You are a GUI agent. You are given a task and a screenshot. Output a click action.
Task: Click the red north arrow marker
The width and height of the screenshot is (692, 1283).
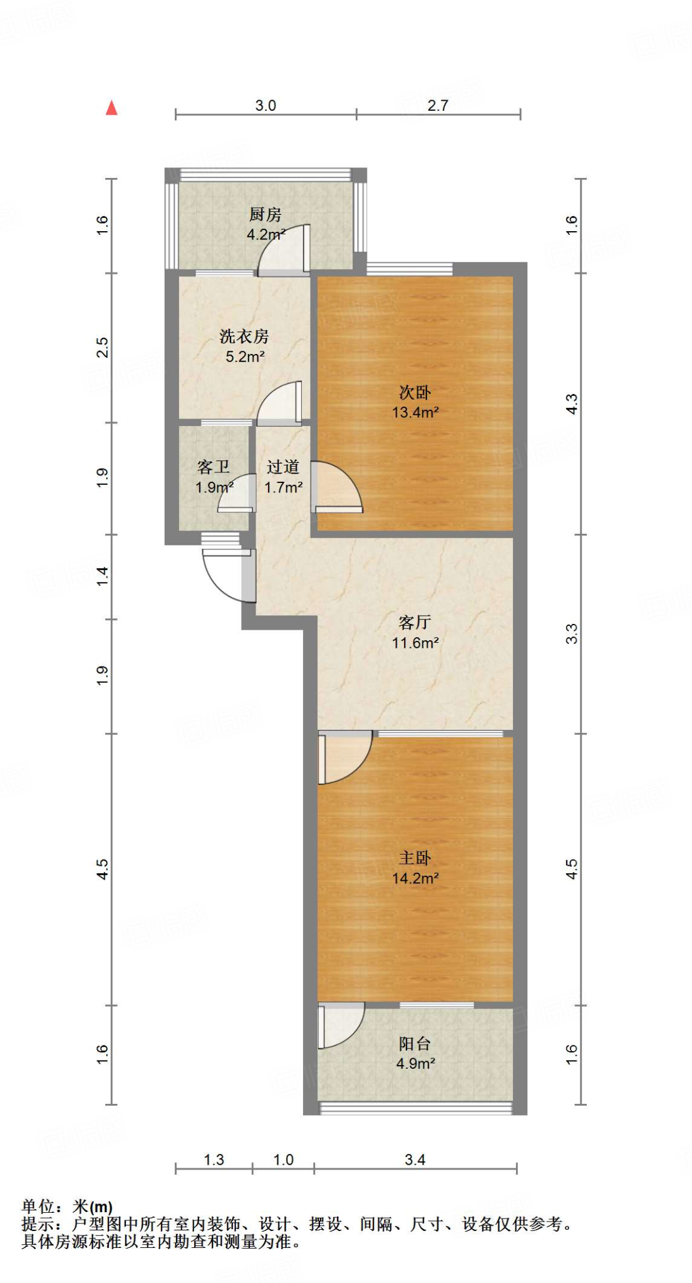pos(111,108)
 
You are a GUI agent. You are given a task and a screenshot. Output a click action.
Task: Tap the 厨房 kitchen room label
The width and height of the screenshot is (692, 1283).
pos(265,215)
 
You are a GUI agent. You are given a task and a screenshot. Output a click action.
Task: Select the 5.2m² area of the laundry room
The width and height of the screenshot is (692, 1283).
pos(245,357)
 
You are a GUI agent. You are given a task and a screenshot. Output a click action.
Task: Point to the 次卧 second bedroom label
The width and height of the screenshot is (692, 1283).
pos(415,393)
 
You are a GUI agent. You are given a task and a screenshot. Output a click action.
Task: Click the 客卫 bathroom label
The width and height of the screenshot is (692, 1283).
pos(214,467)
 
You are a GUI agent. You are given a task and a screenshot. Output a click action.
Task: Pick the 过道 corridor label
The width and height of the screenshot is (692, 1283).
pos(283,467)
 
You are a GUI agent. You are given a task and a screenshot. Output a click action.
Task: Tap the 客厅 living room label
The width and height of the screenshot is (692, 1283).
pos(415,622)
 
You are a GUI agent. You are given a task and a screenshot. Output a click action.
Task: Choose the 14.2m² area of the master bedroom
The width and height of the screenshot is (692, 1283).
pos(415,878)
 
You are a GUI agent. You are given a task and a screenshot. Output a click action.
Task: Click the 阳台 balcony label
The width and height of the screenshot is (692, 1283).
pos(415,1044)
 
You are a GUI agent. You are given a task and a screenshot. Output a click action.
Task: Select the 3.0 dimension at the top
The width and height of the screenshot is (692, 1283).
pos(266,105)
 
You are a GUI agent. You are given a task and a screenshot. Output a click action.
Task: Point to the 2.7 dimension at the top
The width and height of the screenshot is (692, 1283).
pos(438,105)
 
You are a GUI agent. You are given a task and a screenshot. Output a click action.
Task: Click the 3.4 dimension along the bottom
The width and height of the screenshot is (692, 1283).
pos(415,1160)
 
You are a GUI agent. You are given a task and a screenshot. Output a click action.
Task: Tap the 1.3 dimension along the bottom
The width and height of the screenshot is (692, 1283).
pos(214,1160)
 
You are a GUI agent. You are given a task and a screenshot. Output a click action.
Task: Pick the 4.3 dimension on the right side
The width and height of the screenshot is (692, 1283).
pos(571,403)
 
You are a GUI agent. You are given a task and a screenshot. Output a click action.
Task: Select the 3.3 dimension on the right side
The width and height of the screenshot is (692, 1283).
pos(571,634)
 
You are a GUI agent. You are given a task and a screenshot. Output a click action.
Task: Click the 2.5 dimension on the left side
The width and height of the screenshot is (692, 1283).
pos(102,348)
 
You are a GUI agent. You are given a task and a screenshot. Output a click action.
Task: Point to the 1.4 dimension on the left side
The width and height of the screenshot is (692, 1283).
pos(102,576)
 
